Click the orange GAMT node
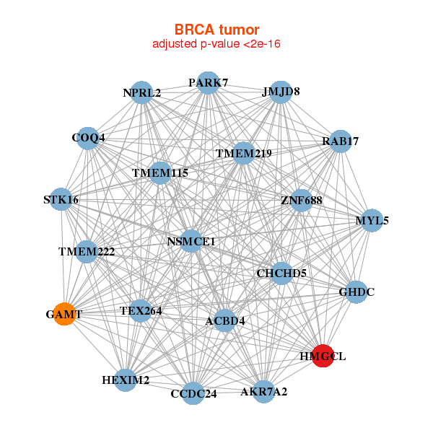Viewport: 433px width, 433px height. point(64,314)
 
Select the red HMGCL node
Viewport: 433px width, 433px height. point(323,356)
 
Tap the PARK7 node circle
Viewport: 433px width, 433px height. point(209,83)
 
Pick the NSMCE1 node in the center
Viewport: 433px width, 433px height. point(191,241)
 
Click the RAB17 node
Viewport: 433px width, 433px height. point(341,141)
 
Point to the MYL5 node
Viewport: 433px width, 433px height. point(372,220)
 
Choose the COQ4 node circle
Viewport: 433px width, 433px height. point(88,139)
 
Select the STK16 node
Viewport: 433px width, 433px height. point(61,199)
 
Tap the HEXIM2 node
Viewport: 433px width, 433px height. point(126,380)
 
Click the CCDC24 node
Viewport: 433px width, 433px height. point(193,393)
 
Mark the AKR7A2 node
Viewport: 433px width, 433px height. point(263,392)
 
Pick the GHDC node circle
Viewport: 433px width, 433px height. point(357,292)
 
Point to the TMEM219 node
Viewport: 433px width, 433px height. point(243,153)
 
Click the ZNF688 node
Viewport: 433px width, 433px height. point(301,201)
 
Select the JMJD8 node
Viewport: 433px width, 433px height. point(281,92)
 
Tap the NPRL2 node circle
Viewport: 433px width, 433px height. point(141,93)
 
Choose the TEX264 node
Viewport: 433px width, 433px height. point(141,311)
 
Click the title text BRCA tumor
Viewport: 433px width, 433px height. point(216,30)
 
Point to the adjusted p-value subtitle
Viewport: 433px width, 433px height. point(216,44)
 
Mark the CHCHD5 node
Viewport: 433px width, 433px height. point(281,274)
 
